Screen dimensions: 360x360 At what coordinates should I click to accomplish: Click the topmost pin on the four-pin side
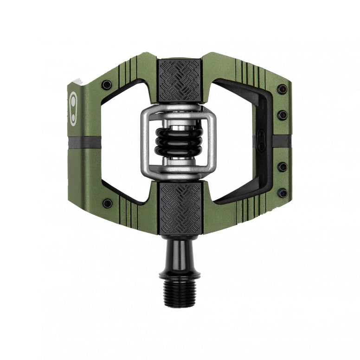click(281, 89)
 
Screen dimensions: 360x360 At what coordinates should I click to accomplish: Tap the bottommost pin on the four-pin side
click(282, 193)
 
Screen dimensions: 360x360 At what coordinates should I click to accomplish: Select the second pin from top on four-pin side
click(282, 115)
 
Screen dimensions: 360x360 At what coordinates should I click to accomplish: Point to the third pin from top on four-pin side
click(282, 167)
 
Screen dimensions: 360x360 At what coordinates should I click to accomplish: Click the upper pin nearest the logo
click(107, 84)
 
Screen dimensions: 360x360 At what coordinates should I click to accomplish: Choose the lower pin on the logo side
click(107, 203)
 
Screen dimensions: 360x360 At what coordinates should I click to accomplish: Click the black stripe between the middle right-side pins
click(281, 141)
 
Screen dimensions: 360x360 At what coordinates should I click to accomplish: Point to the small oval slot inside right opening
click(261, 139)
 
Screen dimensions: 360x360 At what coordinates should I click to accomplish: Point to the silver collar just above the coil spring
click(179, 123)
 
